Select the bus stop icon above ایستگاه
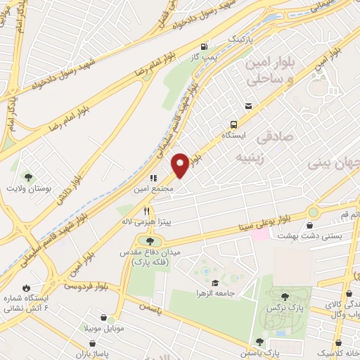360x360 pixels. click(x=236, y=122)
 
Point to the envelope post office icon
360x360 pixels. click(x=247, y=106)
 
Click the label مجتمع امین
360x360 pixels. click(x=148, y=189)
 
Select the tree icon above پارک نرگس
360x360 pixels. click(x=284, y=297)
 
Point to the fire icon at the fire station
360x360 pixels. click(x=27, y=288)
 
